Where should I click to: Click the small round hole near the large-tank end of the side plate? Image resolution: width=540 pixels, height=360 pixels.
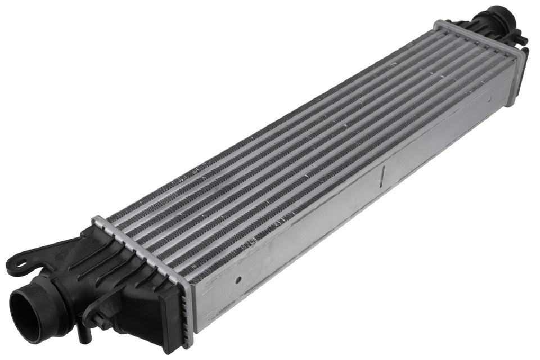pyautogui.click(x=238, y=279)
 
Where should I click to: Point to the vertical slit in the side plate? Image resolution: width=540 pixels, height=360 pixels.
pyautogui.click(x=382, y=175)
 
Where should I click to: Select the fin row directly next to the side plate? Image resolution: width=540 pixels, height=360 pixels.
pyautogui.click(x=337, y=186)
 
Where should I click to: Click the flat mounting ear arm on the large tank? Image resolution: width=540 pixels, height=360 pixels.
pyautogui.click(x=45, y=253)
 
